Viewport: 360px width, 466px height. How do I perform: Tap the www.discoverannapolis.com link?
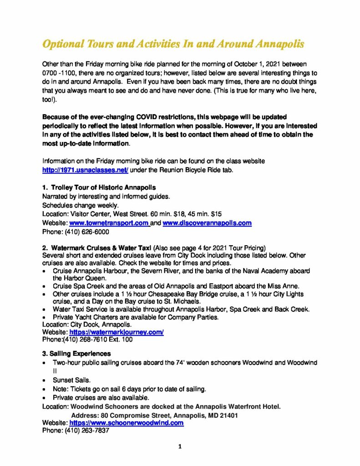[207, 223]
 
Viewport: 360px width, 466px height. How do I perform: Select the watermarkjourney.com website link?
[116, 332]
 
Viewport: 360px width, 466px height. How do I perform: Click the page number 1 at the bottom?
[180, 447]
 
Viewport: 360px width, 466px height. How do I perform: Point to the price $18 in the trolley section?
[176, 214]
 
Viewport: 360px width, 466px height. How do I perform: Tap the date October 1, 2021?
[252, 65]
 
